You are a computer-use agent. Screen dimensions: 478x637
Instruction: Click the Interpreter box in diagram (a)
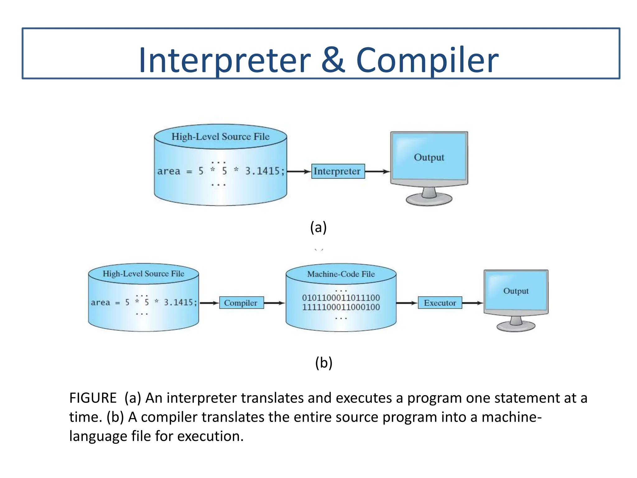[x=338, y=171]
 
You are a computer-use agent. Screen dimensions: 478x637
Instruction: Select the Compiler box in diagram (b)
[x=241, y=303]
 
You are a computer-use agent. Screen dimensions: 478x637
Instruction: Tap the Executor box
[x=440, y=303]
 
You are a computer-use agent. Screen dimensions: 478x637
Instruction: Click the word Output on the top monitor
[x=429, y=157]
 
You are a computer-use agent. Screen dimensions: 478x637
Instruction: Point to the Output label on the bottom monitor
[x=516, y=291]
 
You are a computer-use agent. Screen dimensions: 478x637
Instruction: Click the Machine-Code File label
[x=341, y=274]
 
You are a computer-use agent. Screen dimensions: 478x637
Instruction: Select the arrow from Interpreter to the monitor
[x=377, y=171]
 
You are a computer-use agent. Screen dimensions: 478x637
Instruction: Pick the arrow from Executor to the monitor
[x=472, y=303]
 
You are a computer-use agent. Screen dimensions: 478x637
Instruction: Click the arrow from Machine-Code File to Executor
[x=407, y=303]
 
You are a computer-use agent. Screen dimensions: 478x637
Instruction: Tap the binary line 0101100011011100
[x=341, y=298]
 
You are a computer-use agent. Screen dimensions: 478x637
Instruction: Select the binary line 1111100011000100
[x=341, y=307]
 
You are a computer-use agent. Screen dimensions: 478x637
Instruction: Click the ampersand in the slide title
[x=333, y=60]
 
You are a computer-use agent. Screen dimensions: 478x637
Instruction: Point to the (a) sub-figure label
[x=318, y=227]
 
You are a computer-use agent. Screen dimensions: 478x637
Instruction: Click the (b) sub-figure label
[x=323, y=363]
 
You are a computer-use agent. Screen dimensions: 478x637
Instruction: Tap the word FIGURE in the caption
[x=93, y=398]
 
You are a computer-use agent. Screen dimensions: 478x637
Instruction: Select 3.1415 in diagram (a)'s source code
[x=263, y=171]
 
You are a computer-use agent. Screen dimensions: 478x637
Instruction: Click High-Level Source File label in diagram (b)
[x=143, y=274]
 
